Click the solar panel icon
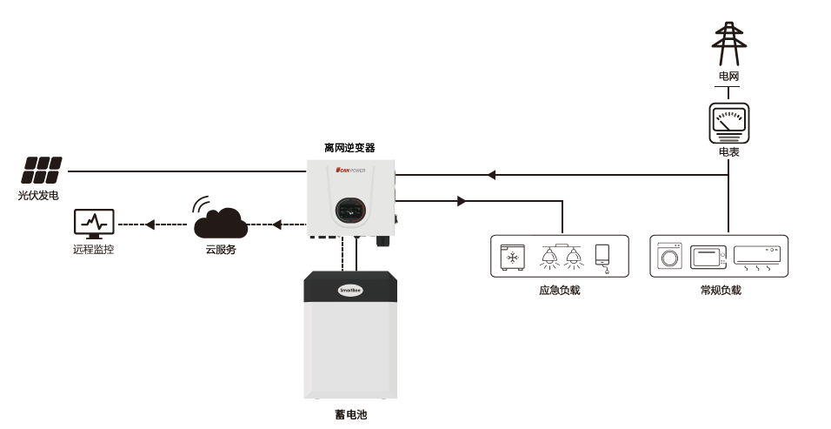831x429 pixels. [x=43, y=169]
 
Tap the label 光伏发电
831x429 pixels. [x=39, y=195]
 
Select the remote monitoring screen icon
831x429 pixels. [x=94, y=225]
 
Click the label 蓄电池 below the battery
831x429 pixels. [x=350, y=415]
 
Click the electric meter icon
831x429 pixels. [x=728, y=124]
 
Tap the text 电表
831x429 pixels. [x=728, y=152]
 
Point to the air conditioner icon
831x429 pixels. [x=757, y=256]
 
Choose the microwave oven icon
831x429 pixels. [x=708, y=258]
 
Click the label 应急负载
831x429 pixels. [x=559, y=290]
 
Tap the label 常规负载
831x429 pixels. [x=720, y=290]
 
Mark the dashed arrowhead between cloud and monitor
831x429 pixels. [x=150, y=225]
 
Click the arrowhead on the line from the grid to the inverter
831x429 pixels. [x=491, y=175]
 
